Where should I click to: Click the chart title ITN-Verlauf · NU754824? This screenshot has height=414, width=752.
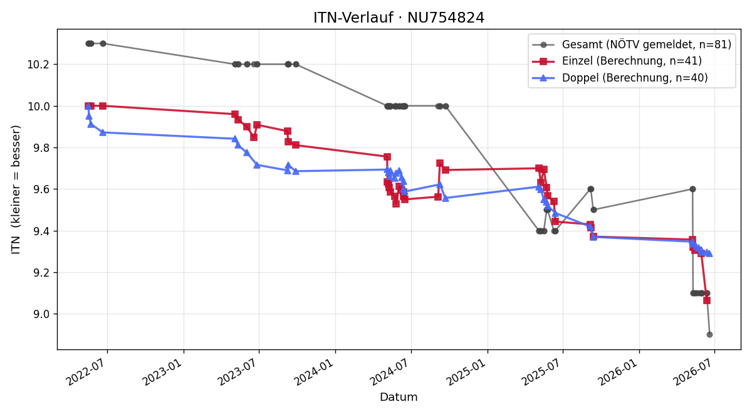[399, 18]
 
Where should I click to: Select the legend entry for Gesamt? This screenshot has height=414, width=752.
[632, 45]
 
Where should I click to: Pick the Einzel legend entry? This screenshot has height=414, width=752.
[617, 61]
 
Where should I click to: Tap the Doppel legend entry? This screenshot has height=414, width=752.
[620, 78]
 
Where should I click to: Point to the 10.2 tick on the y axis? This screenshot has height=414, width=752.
[38, 65]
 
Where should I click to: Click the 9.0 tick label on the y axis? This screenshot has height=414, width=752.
[41, 314]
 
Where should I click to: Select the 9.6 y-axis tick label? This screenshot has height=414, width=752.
[41, 189]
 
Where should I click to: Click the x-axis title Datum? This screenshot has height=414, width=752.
[399, 397]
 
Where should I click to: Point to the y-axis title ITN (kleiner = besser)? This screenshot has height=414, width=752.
[16, 189]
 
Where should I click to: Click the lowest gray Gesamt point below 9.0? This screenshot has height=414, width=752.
[709, 335]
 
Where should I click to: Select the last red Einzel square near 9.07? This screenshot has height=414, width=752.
[707, 300]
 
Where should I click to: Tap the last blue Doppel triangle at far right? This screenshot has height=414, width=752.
[709, 253]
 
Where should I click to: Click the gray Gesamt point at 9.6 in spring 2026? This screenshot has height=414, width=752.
[692, 189]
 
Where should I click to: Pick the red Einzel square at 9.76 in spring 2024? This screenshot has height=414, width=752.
[387, 157]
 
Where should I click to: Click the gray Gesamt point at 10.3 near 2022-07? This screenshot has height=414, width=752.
[103, 44]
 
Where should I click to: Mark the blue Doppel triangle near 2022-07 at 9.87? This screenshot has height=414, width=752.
[103, 132]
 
